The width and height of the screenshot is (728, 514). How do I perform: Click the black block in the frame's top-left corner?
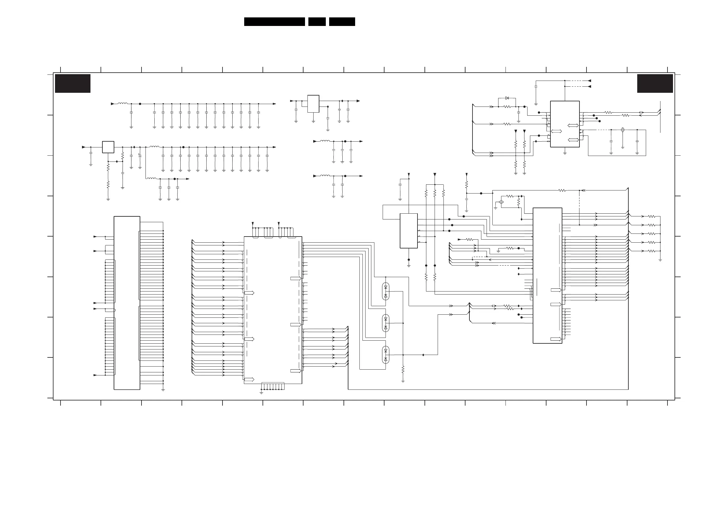pyautogui.click(x=73, y=83)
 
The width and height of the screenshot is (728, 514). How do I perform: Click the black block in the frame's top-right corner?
pyautogui.click(x=655, y=83)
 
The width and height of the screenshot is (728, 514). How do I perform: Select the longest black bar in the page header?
pyautogui.click(x=274, y=22)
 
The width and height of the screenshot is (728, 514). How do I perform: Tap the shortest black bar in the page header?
pyautogui.click(x=317, y=22)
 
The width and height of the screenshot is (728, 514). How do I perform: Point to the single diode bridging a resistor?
pyautogui.click(x=507, y=98)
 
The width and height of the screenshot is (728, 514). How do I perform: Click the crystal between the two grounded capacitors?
pyautogui.click(x=623, y=130)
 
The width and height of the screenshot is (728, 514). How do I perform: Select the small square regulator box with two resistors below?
pyautogui.click(x=108, y=147)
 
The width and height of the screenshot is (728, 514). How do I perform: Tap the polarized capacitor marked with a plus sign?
pyautogui.click(x=140, y=155)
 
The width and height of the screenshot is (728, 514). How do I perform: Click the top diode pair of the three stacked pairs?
pyautogui.click(x=386, y=291)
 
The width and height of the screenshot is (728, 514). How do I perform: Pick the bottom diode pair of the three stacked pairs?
pyautogui.click(x=386, y=355)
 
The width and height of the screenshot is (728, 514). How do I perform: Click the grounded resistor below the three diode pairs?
pyautogui.click(x=403, y=370)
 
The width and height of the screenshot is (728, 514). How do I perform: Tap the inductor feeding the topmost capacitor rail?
pyautogui.click(x=122, y=103)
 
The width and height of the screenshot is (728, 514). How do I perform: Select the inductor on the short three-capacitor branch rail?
pyautogui.click(x=151, y=179)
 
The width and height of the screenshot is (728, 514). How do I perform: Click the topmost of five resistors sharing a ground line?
pyautogui.click(x=651, y=217)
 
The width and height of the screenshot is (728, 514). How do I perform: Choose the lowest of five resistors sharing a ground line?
pyautogui.click(x=651, y=251)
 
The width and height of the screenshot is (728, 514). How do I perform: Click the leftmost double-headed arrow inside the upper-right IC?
pyautogui.click(x=557, y=132)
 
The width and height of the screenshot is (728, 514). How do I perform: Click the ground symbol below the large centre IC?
pyautogui.click(x=261, y=393)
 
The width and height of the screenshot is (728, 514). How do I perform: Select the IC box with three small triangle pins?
pyautogui.click(x=409, y=230)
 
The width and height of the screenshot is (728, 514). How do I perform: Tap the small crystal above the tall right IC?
pyautogui.click(x=501, y=202)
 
